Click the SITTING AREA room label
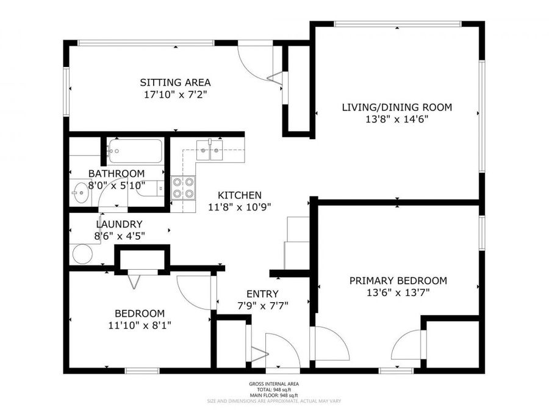coord(175,82)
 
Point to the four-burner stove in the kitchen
coord(183,187)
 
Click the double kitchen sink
coord(210,149)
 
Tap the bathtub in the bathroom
coord(135,151)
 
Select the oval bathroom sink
coord(80,194)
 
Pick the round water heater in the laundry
coord(81,252)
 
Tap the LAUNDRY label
coord(119,224)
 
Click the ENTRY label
coord(262,294)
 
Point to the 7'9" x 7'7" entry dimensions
coord(262,305)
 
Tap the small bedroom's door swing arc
coord(194,292)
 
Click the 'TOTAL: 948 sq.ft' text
coord(274,389)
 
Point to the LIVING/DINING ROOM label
coord(396,107)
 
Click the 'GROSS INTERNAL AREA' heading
coord(274,384)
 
